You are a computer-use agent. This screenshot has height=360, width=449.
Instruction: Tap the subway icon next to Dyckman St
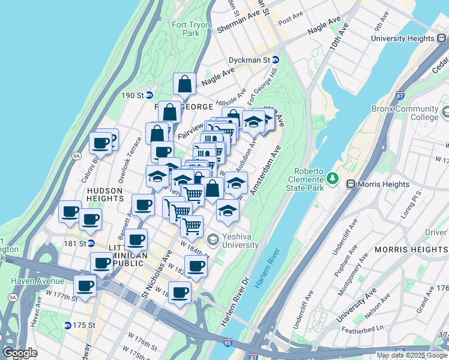[x=276, y=60]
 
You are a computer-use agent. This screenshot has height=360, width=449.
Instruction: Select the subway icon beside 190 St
[x=149, y=95]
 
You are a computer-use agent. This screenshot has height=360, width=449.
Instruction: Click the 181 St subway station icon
[x=91, y=243]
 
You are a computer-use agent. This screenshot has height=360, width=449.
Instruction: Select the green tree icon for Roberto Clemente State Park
[x=332, y=178]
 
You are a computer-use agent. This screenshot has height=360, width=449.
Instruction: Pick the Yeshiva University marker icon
[x=212, y=239]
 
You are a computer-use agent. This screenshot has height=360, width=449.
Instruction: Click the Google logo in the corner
[x=20, y=353]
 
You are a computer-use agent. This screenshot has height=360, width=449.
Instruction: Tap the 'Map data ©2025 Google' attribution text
[x=411, y=355]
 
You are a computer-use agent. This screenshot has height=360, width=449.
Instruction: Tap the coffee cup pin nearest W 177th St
[x=85, y=286]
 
